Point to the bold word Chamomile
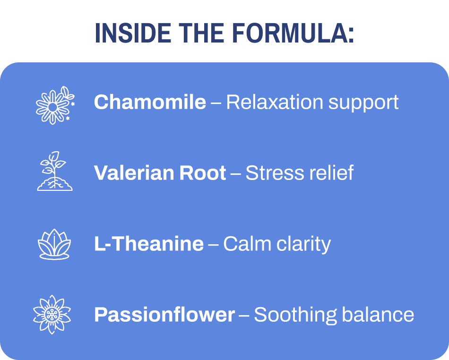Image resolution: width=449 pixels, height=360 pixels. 150,103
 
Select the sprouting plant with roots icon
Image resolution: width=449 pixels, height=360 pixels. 54,171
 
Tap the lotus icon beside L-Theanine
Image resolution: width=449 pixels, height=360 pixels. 54,244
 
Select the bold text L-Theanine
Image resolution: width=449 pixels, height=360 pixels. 149,244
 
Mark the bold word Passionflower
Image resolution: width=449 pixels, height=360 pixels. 164,315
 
